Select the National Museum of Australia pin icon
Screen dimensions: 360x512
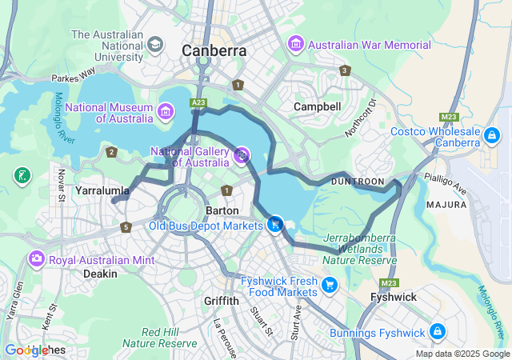pyautogui.click(x=166, y=110)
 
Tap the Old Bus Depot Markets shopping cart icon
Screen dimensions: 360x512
pyautogui.click(x=275, y=225)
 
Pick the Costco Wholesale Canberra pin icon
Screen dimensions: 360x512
pyautogui.click(x=492, y=138)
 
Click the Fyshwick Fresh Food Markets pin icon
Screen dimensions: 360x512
pyautogui.click(x=329, y=285)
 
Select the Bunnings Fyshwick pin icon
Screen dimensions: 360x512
pyautogui.click(x=437, y=330)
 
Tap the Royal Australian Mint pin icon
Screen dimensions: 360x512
pyautogui.click(x=36, y=259)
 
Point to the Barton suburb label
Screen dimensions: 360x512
pyautogui.click(x=222, y=210)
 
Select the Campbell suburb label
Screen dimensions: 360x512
pyautogui.click(x=317, y=106)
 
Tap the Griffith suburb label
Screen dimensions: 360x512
pyautogui.click(x=221, y=301)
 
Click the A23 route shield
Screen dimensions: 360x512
pyautogui.click(x=199, y=102)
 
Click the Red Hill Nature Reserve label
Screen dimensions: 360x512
pyautogui.click(x=169, y=338)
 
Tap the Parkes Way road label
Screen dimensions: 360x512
pyautogui.click(x=73, y=79)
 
